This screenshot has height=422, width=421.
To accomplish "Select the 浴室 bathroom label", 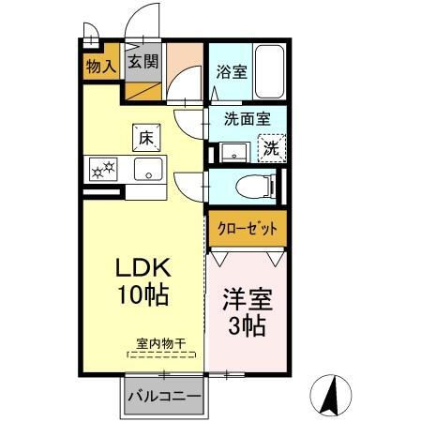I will [234, 70].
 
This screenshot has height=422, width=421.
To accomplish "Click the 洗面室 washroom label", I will [247, 120].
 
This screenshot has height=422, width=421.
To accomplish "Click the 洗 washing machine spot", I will [270, 147].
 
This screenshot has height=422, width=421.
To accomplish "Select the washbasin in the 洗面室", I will [232, 151].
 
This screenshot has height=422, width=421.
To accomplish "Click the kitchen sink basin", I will [148, 169].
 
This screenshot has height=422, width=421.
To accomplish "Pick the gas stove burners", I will [101, 170].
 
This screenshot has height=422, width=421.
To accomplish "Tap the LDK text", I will [142, 267].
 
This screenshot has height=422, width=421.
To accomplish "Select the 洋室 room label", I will [248, 302].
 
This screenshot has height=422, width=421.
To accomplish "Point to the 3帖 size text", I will [248, 327].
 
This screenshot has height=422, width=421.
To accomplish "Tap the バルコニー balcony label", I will [163, 397].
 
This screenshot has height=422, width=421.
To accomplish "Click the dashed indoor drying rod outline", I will [158, 355].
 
